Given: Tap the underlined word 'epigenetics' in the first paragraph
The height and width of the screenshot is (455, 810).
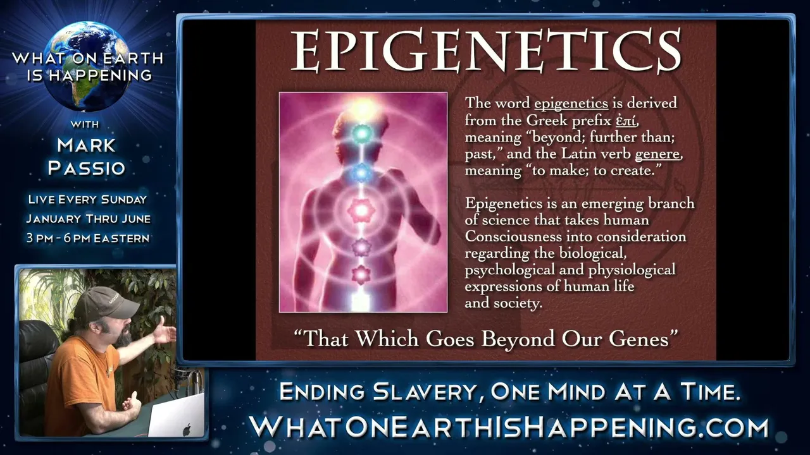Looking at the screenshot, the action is tap(571, 104).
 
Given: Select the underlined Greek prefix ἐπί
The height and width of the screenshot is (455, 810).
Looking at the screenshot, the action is tap(626, 120).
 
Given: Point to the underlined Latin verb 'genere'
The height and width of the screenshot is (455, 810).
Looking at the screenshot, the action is tap(657, 154).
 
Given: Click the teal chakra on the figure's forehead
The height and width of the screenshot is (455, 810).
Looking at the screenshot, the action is tap(361, 134).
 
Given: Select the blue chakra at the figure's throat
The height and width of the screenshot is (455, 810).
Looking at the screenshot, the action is tap(361, 174).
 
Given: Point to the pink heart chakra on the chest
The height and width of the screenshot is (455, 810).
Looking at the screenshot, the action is tap(361, 209).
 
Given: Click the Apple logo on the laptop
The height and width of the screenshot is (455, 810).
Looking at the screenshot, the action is tap(187, 429).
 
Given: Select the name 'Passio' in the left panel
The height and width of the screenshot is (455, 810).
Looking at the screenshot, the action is tap(87, 168).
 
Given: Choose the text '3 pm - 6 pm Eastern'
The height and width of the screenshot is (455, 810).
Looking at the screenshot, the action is tap(88, 238).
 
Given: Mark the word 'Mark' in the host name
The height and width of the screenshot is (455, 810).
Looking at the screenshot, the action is tap(86, 145).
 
